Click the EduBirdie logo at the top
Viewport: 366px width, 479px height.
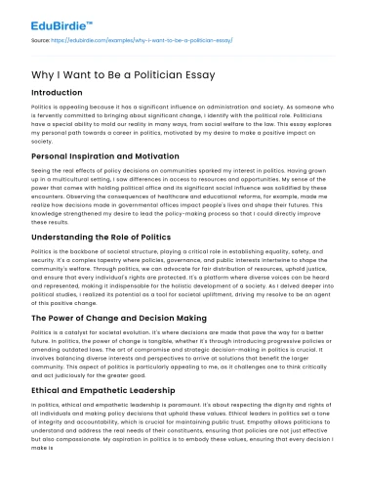46,17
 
